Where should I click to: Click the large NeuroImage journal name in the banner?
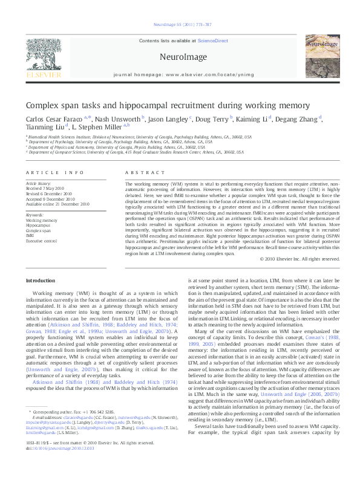[x=179, y=56]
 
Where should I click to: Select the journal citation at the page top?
[x=179, y=25]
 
